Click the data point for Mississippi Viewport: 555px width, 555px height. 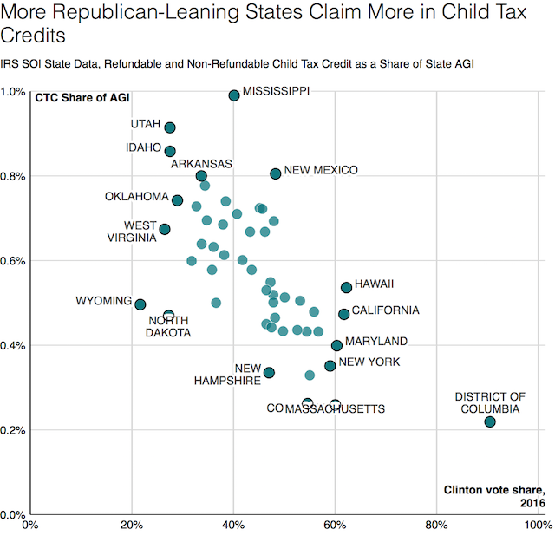(234, 95)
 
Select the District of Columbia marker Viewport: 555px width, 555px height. (490, 421)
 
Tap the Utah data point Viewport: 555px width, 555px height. (170, 128)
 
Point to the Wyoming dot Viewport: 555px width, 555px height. (140, 304)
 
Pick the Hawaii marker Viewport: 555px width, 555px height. (346, 287)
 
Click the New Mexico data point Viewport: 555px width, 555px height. (276, 173)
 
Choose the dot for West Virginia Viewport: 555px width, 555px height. (165, 229)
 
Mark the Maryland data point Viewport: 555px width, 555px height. (336, 345)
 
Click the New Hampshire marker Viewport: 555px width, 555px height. (269, 372)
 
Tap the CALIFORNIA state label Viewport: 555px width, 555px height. (385, 310)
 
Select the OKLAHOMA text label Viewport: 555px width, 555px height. (137, 196)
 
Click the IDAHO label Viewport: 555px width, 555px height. (144, 147)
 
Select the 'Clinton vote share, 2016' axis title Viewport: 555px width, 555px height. (493, 496)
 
